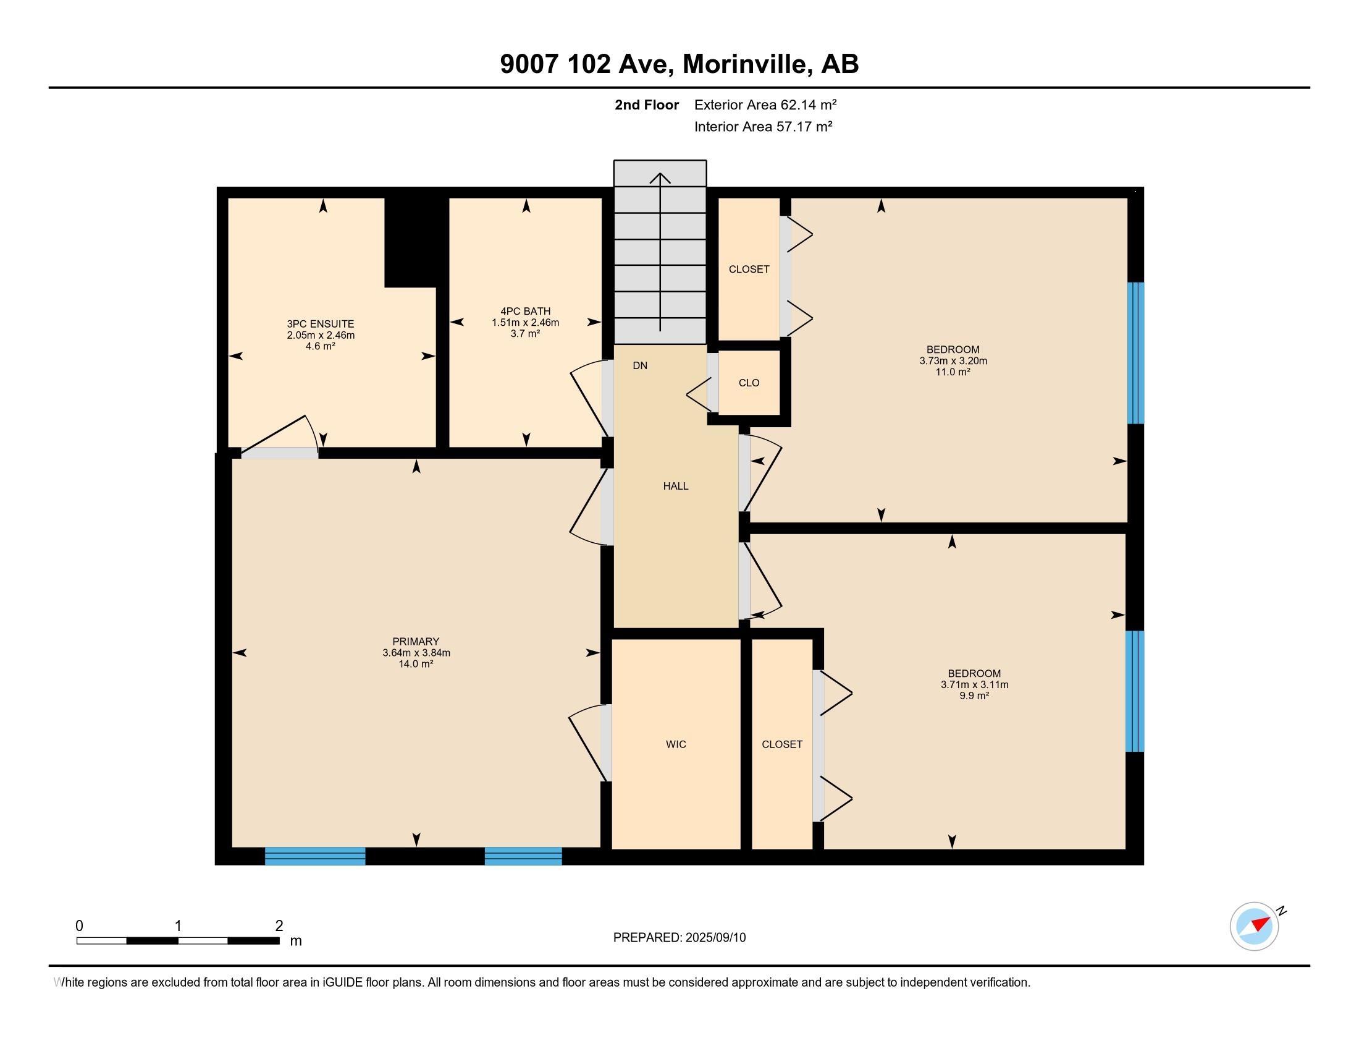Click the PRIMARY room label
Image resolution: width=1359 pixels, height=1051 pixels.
416,641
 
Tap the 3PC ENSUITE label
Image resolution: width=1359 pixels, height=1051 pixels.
321,324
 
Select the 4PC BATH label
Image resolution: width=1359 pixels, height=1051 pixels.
525,312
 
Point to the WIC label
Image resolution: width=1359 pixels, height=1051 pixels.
676,744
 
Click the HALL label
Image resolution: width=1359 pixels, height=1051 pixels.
676,487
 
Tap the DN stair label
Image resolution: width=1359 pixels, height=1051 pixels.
640,365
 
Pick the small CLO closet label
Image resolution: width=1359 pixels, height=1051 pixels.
749,383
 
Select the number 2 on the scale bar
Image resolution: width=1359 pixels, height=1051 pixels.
279,926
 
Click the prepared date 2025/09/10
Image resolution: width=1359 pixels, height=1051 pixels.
715,938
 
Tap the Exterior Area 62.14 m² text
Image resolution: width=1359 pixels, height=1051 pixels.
765,104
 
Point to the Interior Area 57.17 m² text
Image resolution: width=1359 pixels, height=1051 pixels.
763,126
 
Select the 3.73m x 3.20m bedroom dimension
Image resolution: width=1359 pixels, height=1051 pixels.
953,360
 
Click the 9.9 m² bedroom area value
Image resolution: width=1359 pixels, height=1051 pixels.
974,696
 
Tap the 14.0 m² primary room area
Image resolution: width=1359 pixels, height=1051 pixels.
416,664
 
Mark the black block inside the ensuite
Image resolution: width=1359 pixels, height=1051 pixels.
411,243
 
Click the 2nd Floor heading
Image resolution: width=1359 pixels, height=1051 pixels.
647,104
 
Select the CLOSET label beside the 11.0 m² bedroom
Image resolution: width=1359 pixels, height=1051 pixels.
749,269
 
